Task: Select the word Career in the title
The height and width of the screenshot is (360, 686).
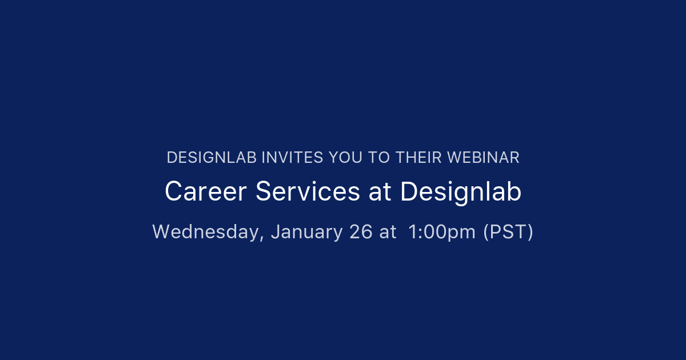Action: click(x=206, y=192)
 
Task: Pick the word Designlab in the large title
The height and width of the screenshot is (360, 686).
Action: click(x=461, y=192)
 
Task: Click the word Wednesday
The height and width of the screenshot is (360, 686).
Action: click(x=206, y=232)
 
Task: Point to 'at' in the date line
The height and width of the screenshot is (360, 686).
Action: click(x=388, y=232)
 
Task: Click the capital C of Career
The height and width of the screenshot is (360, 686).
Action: click(x=173, y=192)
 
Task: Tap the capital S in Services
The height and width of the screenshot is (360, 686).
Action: click(x=263, y=192)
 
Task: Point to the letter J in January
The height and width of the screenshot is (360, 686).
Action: click(x=275, y=232)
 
